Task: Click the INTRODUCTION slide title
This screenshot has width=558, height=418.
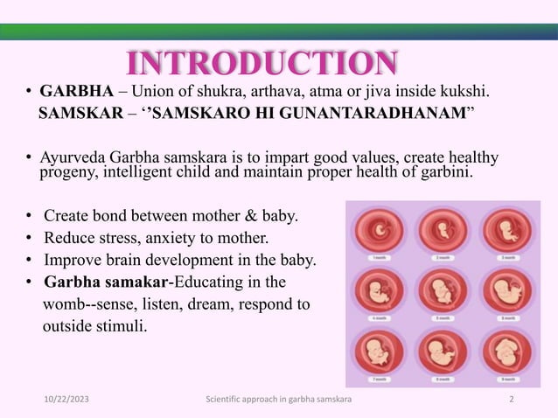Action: tap(262, 64)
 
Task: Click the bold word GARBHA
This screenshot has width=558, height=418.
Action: tap(76, 91)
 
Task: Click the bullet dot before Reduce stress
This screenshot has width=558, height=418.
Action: tap(30, 238)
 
